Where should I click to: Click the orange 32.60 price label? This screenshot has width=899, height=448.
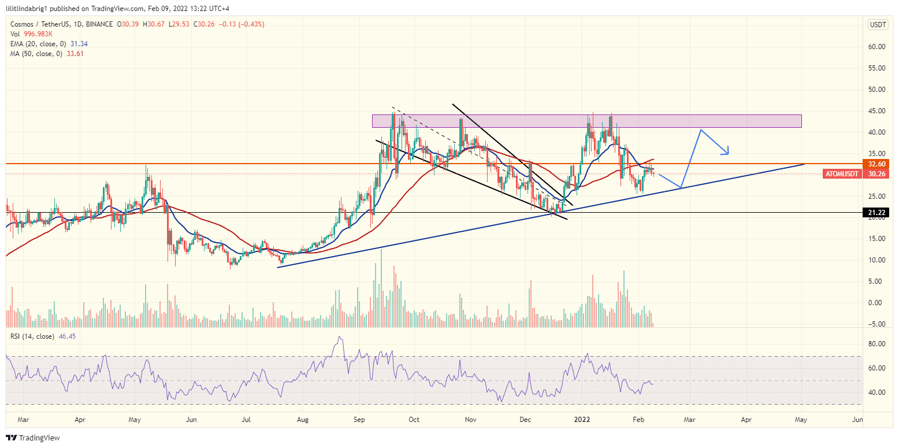(x=876, y=164)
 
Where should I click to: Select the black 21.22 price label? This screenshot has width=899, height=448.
(x=876, y=213)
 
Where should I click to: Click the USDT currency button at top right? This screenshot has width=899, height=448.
(x=878, y=24)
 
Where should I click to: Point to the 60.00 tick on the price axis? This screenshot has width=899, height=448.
(x=876, y=47)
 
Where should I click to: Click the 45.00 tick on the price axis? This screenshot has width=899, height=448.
(x=876, y=111)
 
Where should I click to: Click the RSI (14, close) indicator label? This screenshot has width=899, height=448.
(x=32, y=336)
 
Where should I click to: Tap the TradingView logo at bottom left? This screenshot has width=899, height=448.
(x=33, y=438)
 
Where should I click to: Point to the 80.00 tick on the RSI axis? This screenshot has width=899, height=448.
(x=876, y=344)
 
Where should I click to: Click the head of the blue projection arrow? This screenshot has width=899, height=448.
(x=729, y=154)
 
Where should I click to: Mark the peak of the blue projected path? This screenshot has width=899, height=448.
(x=700, y=129)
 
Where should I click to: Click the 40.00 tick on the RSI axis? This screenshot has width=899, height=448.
(x=876, y=393)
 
